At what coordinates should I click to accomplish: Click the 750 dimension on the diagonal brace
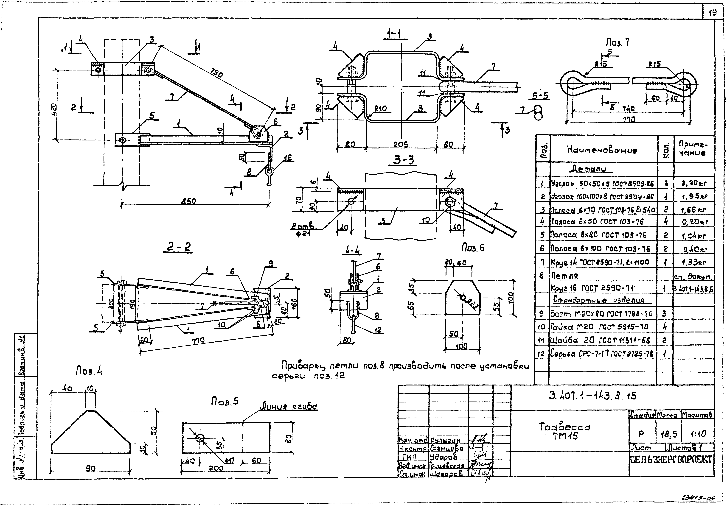(216, 73)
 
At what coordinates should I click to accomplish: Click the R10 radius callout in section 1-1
(380, 109)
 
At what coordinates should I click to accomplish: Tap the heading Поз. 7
(618, 42)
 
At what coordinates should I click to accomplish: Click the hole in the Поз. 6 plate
(463, 297)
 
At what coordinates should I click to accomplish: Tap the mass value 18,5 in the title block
(668, 434)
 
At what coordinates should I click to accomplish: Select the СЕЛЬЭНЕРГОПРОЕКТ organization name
(671, 459)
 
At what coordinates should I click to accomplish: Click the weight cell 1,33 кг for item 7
(694, 262)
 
